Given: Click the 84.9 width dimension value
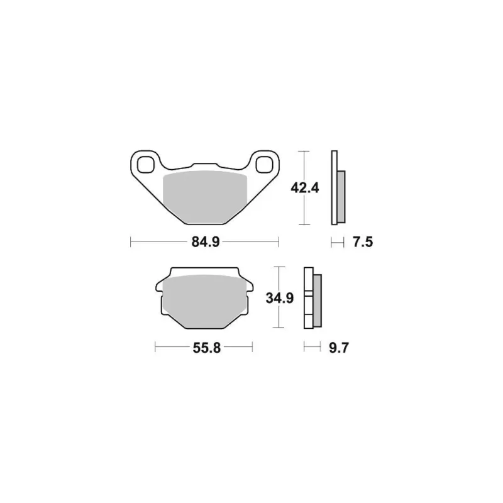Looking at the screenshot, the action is [x=206, y=242].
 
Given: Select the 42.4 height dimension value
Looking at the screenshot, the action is [x=305, y=188].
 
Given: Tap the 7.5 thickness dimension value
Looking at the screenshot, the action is [x=363, y=242].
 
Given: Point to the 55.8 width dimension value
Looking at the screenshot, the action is [x=207, y=348].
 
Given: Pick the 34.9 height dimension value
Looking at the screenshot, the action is [x=280, y=298].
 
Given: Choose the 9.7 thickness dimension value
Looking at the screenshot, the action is [x=339, y=348].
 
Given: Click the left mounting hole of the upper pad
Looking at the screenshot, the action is [x=145, y=165].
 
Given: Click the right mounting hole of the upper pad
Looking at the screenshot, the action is [x=264, y=165].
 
